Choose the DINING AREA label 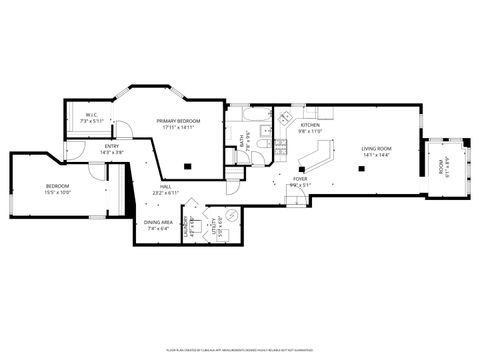point(160,225)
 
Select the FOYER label point(299,183)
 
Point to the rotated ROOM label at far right point(445,167)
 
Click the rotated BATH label point(243,148)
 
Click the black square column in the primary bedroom point(188,166)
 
